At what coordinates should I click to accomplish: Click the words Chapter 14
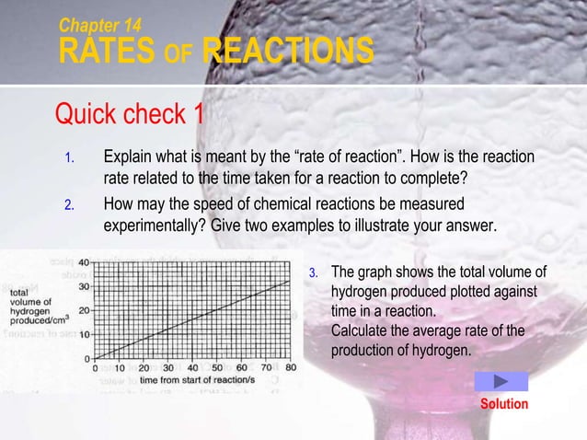100,23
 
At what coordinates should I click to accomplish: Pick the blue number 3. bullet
313,272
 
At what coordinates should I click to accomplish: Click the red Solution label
504,404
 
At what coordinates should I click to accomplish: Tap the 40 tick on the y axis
83,262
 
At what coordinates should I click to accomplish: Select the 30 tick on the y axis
83,285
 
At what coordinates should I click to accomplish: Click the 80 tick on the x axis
290,367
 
